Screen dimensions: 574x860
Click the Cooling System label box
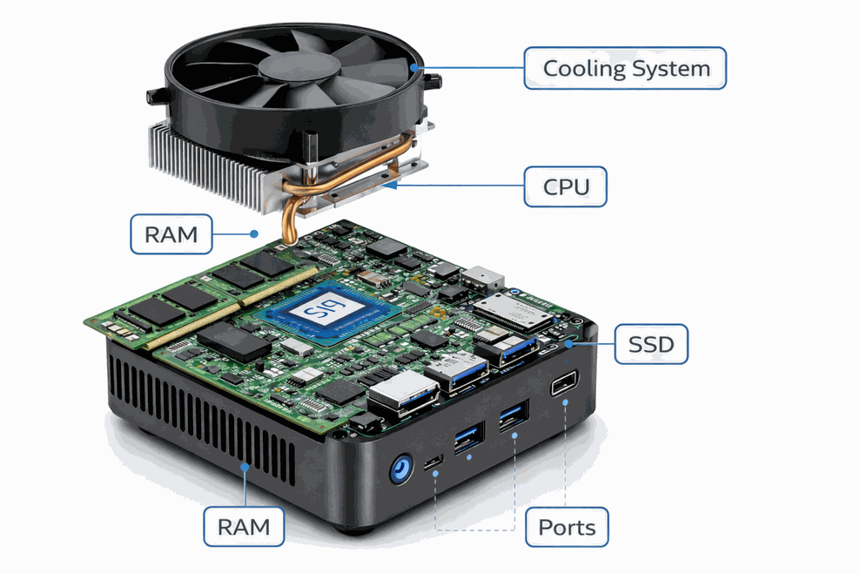(x=625, y=68)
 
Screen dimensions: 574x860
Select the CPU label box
(x=566, y=186)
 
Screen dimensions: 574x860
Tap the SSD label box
(x=651, y=344)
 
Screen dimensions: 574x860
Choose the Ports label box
(x=567, y=527)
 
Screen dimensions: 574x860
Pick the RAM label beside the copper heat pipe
(x=171, y=233)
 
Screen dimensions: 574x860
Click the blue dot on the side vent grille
(x=245, y=467)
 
